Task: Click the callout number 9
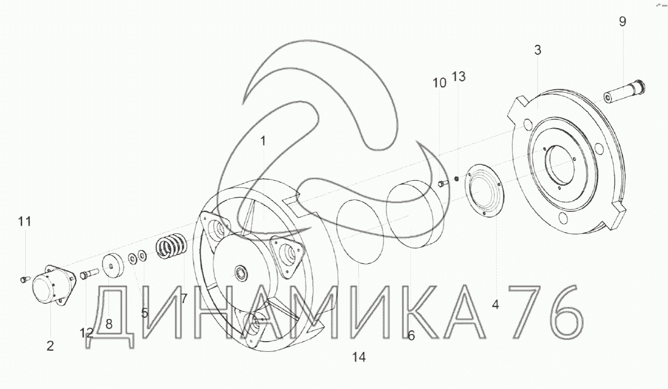(x=622, y=22)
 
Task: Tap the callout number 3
(x=537, y=50)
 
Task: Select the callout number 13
(x=459, y=77)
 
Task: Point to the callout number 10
(x=440, y=83)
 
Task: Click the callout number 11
(x=25, y=221)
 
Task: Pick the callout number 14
(x=359, y=357)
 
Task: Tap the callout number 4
(x=495, y=305)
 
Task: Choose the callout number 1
(x=263, y=141)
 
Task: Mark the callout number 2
(x=50, y=346)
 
